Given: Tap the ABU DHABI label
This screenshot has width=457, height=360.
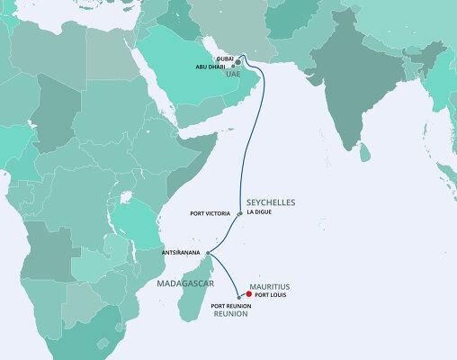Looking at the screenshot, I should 217,67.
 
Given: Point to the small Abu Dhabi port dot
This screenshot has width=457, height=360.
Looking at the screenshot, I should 233,67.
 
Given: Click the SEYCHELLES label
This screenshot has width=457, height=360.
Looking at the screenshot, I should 271,202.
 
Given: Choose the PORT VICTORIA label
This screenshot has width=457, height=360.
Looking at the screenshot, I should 211,214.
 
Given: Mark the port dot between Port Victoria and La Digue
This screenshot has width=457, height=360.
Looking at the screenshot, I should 238,214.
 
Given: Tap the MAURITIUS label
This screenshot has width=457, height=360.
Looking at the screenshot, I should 274,283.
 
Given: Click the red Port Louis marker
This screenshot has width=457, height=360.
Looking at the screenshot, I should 248,292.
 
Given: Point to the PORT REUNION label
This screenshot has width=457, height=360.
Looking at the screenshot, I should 230,306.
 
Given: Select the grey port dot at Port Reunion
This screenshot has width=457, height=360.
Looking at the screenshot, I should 237,297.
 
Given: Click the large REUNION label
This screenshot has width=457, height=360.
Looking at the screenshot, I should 230,315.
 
